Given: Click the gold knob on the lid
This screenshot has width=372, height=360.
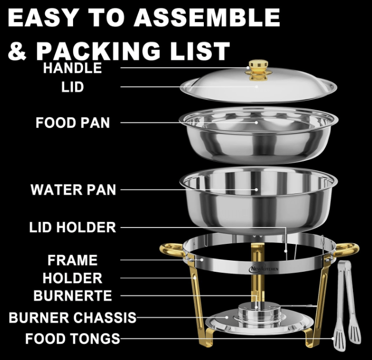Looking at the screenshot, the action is point(259,71).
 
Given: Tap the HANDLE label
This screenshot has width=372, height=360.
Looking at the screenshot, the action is point(73,68).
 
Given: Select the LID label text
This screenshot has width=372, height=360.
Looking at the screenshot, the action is point(73,87).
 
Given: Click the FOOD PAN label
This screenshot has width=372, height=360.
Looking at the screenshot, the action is point(73,122).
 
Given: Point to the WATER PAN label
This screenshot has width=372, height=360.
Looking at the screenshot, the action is point(73,190).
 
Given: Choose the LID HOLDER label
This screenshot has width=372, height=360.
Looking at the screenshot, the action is point(73,228).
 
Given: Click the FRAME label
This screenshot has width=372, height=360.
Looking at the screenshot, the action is point(73,260).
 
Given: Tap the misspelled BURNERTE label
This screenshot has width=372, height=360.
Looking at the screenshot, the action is point(73,296).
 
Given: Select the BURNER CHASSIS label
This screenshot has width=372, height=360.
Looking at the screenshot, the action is point(73,317).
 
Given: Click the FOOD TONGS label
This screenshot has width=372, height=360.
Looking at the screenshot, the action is point(73,338).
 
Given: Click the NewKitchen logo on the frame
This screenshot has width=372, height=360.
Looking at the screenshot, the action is point(263,269).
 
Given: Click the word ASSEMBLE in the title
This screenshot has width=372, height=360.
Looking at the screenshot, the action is point(206,18).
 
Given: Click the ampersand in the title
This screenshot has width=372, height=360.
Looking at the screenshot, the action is point(17,51).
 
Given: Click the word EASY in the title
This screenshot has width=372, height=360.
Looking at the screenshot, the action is point(43,18).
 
